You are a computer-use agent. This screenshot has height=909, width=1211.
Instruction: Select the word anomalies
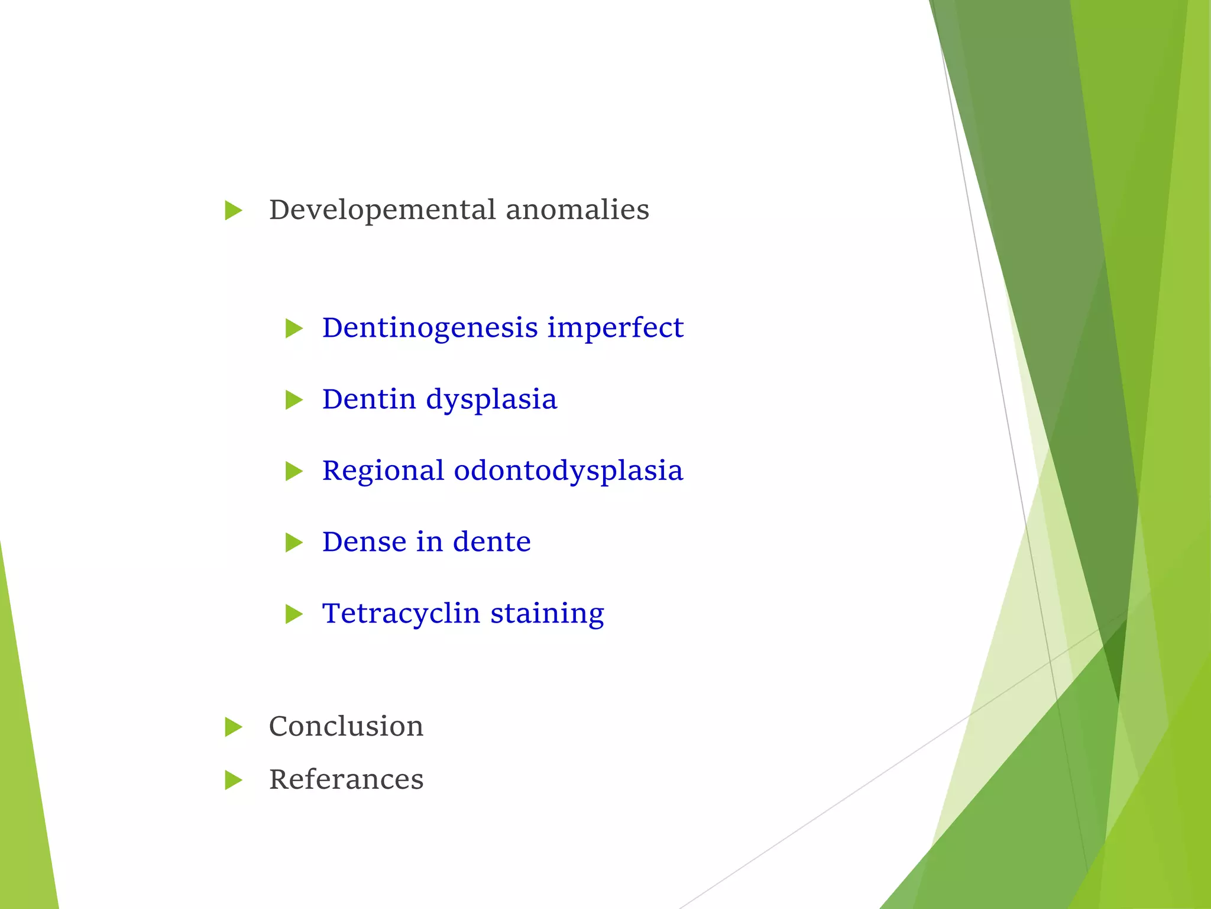coord(577,210)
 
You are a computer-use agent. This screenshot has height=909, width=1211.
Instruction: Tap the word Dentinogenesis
coord(430,328)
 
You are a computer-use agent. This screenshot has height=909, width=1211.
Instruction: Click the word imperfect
coord(615,328)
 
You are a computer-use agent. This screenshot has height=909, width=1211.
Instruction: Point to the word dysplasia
coord(491,401)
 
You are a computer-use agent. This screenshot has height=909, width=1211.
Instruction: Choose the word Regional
coord(383,471)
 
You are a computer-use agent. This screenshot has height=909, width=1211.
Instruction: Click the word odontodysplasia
coord(568,472)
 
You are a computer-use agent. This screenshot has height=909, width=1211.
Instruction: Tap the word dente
coord(491,542)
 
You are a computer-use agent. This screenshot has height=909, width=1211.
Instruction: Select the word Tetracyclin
coord(401,614)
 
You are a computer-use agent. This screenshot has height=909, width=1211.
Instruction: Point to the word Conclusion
coord(346,727)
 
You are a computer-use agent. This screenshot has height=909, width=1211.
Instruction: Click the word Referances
coord(346,780)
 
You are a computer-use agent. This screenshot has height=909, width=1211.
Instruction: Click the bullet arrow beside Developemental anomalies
coord(234,211)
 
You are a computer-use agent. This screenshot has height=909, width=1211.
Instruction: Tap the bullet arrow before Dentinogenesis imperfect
coord(294,328)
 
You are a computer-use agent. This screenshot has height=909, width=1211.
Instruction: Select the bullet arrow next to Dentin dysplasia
coord(294,400)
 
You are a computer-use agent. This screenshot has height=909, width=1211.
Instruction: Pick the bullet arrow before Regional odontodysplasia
coord(294,472)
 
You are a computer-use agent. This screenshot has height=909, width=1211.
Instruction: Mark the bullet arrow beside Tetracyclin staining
coord(294,614)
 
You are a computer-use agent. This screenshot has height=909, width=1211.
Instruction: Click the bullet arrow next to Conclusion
coord(234,727)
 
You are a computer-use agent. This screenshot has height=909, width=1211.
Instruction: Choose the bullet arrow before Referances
coord(234,781)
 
